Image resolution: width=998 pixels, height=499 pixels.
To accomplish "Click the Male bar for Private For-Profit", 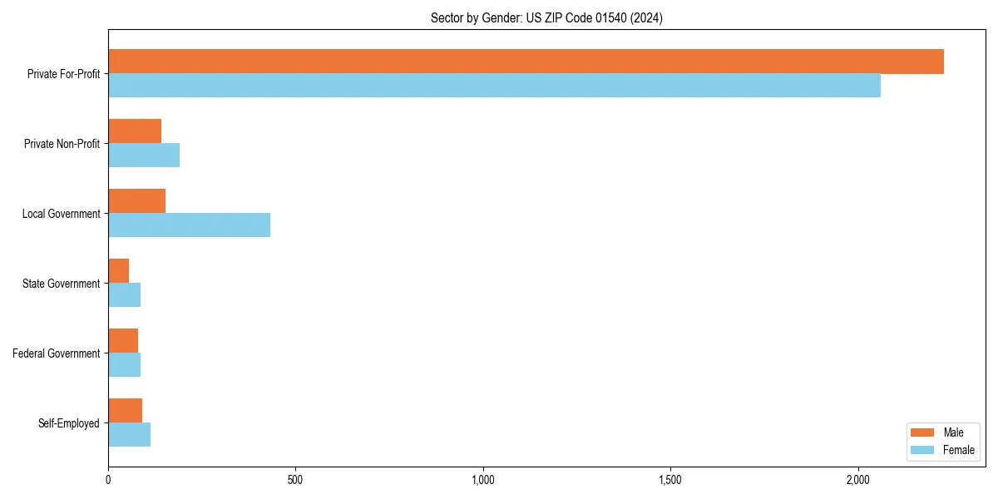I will tap(526, 62).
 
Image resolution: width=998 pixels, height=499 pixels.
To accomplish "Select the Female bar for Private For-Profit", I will tap(494, 86).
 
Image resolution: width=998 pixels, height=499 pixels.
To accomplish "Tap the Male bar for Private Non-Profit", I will tap(135, 131).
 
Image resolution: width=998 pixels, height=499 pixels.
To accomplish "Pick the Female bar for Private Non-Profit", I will tap(144, 156).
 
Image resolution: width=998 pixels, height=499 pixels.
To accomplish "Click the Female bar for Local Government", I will tap(189, 225).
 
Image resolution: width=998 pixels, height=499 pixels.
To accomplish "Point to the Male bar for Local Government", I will tap(136, 201).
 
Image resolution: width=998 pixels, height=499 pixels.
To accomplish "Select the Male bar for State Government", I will tap(119, 271).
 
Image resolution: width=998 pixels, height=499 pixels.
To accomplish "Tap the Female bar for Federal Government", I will tap(124, 365).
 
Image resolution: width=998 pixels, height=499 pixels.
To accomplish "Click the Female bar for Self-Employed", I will tap(129, 435).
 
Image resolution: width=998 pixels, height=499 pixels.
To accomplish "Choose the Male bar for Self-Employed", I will tap(125, 411).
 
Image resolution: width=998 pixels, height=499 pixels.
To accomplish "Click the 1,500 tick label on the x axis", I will tap(670, 480).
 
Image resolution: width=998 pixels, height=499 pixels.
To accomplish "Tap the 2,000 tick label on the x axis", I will tap(857, 480).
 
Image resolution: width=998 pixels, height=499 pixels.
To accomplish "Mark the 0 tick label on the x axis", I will tap(108, 480).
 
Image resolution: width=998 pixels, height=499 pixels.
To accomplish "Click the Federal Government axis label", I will tap(56, 353).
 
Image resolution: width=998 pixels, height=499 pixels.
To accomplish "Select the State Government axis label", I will tap(61, 284).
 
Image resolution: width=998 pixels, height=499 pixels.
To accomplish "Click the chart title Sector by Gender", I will tap(546, 17).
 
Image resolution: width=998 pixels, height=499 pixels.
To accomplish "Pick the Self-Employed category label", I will tap(68, 423).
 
